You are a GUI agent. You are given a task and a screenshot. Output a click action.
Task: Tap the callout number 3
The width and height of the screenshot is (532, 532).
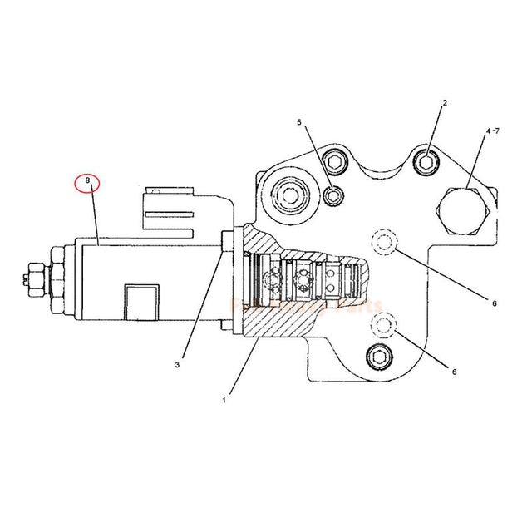point(178,363)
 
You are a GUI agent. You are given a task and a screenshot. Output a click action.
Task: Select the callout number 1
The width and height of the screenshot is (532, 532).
point(224,400)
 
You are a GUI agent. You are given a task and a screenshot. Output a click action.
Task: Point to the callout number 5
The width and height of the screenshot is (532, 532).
point(300,122)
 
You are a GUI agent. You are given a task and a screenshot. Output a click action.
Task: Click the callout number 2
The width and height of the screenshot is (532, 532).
point(445,103)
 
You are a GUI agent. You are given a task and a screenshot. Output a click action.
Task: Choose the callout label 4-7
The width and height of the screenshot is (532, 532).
point(492,131)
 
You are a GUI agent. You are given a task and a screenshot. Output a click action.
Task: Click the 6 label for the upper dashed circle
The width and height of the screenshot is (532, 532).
point(494,303)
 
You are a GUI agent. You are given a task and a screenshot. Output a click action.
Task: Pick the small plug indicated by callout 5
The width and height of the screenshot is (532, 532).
point(332,195)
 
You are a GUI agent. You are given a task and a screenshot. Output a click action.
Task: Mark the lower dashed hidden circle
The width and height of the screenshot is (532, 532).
point(384,323)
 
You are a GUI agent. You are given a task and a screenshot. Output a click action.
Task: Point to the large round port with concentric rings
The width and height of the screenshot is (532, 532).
point(292,196)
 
